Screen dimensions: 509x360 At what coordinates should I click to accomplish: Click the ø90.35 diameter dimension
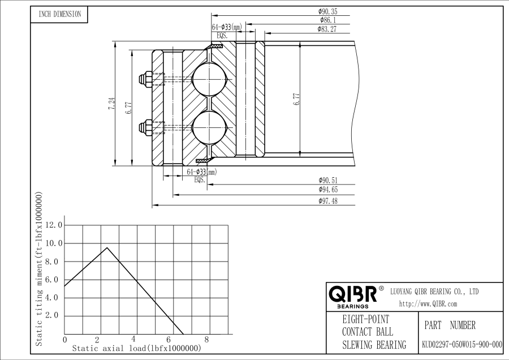pyautogui.click(x=327, y=11)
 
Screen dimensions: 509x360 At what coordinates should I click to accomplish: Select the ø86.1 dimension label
pyautogui.click(x=327, y=20)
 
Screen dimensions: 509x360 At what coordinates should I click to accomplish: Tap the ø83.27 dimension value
pyautogui.click(x=327, y=29)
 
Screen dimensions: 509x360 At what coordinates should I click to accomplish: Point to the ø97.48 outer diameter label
pyautogui.click(x=328, y=201)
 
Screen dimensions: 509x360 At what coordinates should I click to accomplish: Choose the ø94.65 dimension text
pyautogui.click(x=328, y=190)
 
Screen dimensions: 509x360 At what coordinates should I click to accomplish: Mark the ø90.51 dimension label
pyautogui.click(x=328, y=180)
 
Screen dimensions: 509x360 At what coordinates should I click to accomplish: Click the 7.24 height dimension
pyautogui.click(x=111, y=104)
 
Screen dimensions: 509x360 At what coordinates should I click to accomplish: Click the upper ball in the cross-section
pyautogui.click(x=208, y=80)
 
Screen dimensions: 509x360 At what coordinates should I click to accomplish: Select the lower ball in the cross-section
pyautogui.click(x=208, y=127)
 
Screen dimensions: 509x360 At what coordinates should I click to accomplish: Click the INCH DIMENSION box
pyautogui.click(x=59, y=14)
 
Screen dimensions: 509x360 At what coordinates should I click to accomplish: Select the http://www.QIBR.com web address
pyautogui.click(x=428, y=304)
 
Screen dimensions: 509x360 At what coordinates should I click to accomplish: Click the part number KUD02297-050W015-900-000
pyautogui.click(x=462, y=344)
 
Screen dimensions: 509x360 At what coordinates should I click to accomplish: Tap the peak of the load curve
pyautogui.click(x=107, y=247)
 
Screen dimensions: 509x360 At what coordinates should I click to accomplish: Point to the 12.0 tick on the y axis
pyautogui.click(x=54, y=225)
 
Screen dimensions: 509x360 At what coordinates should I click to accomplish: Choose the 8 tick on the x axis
pyautogui.click(x=207, y=340)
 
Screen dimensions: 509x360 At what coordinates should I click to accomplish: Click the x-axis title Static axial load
pyautogui.click(x=137, y=349)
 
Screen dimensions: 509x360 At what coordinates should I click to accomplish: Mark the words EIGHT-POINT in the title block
pyautogui.click(x=365, y=319)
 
